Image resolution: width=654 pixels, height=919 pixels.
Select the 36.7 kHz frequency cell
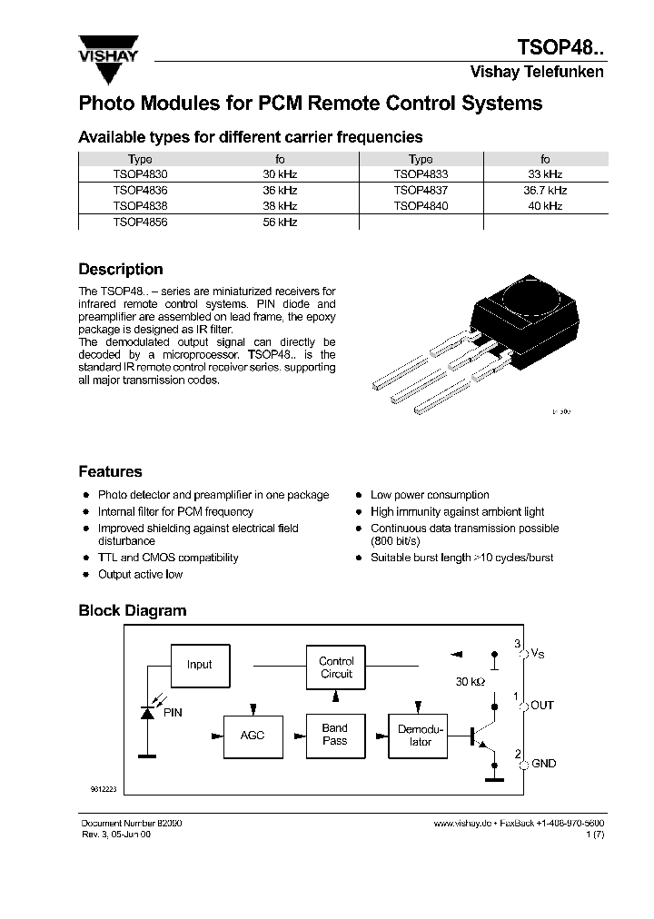tap(545, 191)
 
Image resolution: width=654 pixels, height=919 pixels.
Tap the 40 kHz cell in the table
tap(545, 206)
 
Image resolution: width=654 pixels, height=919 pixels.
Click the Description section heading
tap(121, 270)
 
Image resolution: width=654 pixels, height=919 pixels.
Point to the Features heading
tap(110, 472)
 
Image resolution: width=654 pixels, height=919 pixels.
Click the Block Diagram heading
tap(132, 611)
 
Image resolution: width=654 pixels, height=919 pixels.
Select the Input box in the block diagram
tap(200, 665)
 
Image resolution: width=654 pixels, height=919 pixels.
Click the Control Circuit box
tap(336, 667)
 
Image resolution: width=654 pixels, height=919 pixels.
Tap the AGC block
tap(253, 735)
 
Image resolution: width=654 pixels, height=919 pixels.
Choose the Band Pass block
tap(335, 735)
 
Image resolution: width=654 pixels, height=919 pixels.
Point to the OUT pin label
tap(542, 706)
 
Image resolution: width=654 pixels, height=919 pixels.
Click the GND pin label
tap(543, 765)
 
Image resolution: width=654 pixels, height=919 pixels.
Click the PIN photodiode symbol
tap(147, 713)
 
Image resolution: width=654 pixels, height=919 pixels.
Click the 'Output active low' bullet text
tap(140, 574)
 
